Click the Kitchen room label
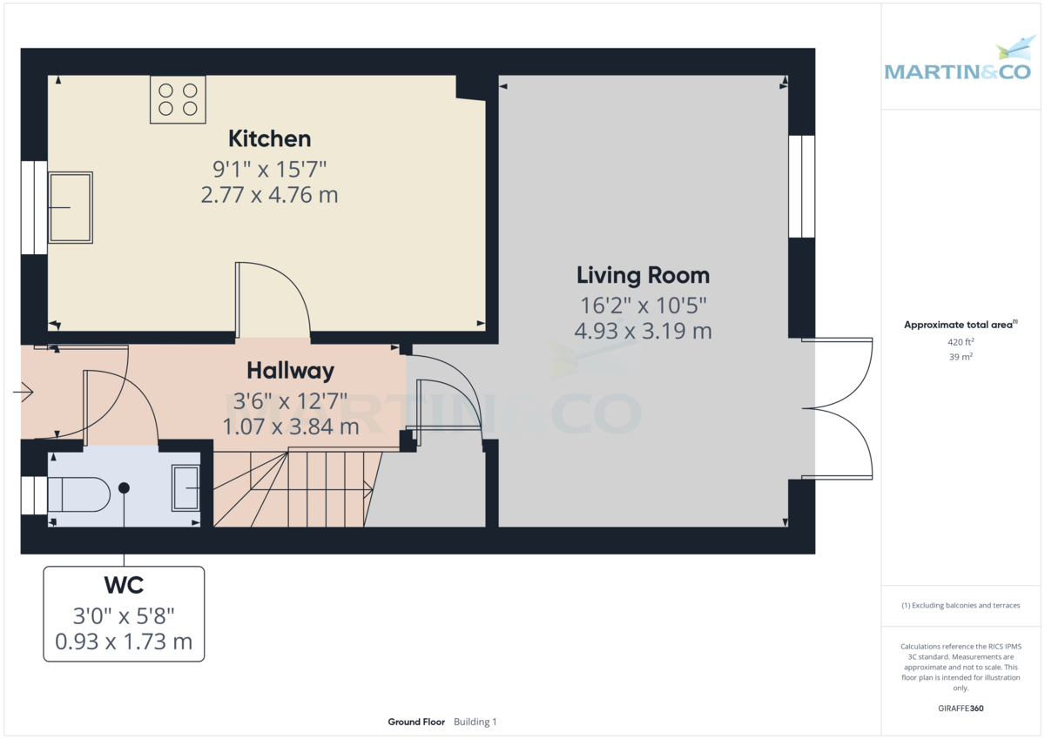tap(270, 139)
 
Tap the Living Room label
tap(643, 276)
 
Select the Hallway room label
tap(290, 371)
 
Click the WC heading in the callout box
tap(124, 585)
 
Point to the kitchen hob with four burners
tap(178, 100)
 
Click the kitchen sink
tap(71, 207)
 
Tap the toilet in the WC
tap(79, 494)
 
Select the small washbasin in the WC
tap(185, 487)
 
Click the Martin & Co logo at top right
tap(958, 64)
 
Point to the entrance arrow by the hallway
tap(24, 392)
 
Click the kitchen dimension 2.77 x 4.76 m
tap(270, 195)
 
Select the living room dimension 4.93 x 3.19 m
tap(643, 331)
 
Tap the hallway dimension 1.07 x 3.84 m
tap(291, 427)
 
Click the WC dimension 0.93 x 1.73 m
tap(124, 642)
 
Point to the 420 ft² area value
tap(961, 342)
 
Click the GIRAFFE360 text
tap(961, 709)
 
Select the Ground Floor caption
tap(416, 722)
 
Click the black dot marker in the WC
tap(124, 487)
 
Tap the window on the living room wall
tap(801, 186)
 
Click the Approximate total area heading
tap(961, 325)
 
